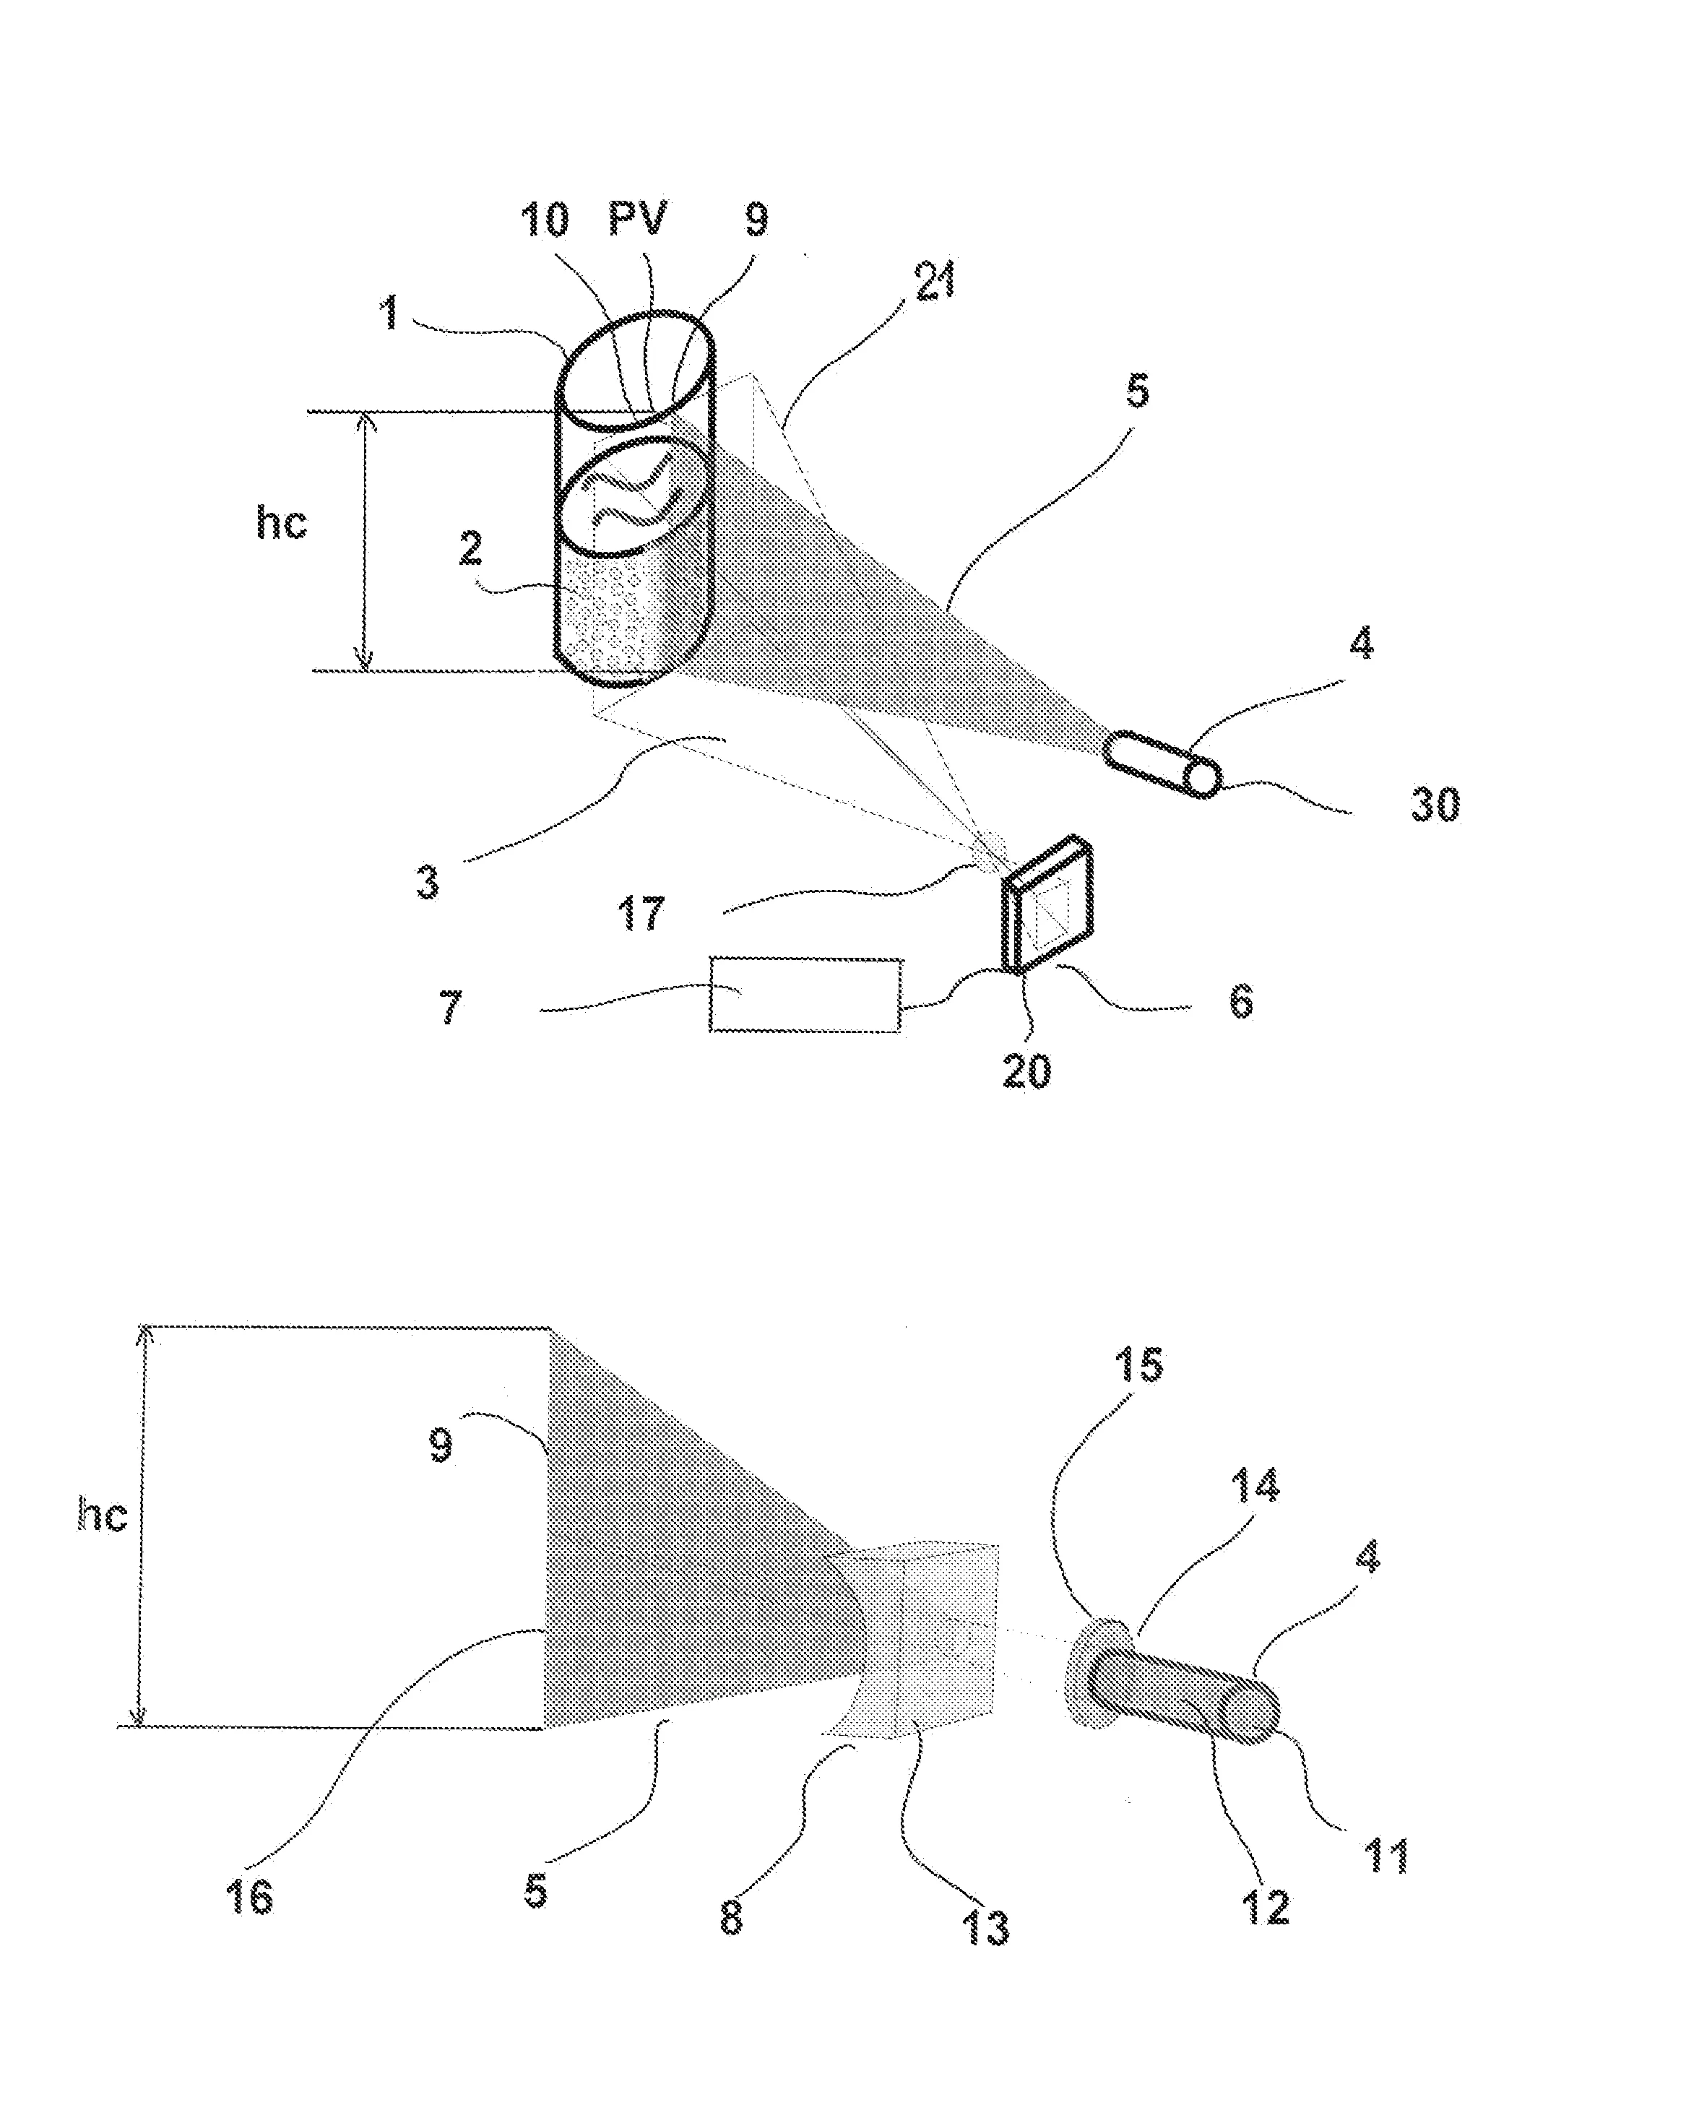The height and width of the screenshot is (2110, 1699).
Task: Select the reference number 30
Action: click(x=1435, y=805)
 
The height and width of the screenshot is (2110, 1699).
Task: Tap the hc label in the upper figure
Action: click(x=281, y=522)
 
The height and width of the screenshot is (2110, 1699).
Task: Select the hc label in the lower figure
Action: click(x=102, y=1514)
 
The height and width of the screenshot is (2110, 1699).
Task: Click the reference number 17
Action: click(x=641, y=913)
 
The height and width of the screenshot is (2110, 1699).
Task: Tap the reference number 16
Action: click(x=248, y=1897)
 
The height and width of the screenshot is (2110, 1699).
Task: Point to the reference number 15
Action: click(x=1139, y=1365)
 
